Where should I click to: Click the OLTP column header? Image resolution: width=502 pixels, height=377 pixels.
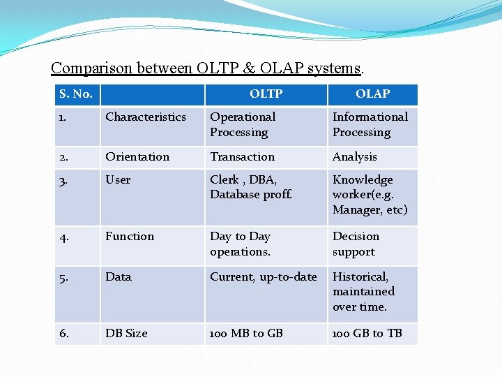pos(266,94)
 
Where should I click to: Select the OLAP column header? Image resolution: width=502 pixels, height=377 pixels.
pos(372,94)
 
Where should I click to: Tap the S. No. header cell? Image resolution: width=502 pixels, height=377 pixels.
pos(76,94)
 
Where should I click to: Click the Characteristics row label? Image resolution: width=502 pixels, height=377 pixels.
pos(146,117)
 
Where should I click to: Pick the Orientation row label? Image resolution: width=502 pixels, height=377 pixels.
pos(137,157)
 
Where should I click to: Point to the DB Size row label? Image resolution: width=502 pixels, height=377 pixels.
pos(126,334)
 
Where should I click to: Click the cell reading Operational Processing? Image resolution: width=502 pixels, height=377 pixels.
pos(243,125)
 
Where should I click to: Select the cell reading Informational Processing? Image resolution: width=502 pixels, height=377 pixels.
pos(370,125)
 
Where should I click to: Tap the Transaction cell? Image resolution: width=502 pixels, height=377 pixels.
pos(242,157)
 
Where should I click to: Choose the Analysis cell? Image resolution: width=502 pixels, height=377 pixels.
pos(354,157)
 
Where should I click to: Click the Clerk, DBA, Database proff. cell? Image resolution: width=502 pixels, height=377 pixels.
pos(250,187)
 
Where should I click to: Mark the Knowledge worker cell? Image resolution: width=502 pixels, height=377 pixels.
pos(370,195)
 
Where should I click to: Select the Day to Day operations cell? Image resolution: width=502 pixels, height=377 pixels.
pos(240,244)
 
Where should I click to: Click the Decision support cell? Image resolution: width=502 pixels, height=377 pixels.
pos(356,244)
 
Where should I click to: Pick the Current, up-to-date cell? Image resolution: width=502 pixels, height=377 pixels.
pos(263,277)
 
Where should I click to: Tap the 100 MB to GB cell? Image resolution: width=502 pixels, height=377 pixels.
pos(246,334)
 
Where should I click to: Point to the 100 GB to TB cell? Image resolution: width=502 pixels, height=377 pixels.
pos(367,334)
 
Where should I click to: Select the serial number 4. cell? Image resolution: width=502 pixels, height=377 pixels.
pos(64,237)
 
